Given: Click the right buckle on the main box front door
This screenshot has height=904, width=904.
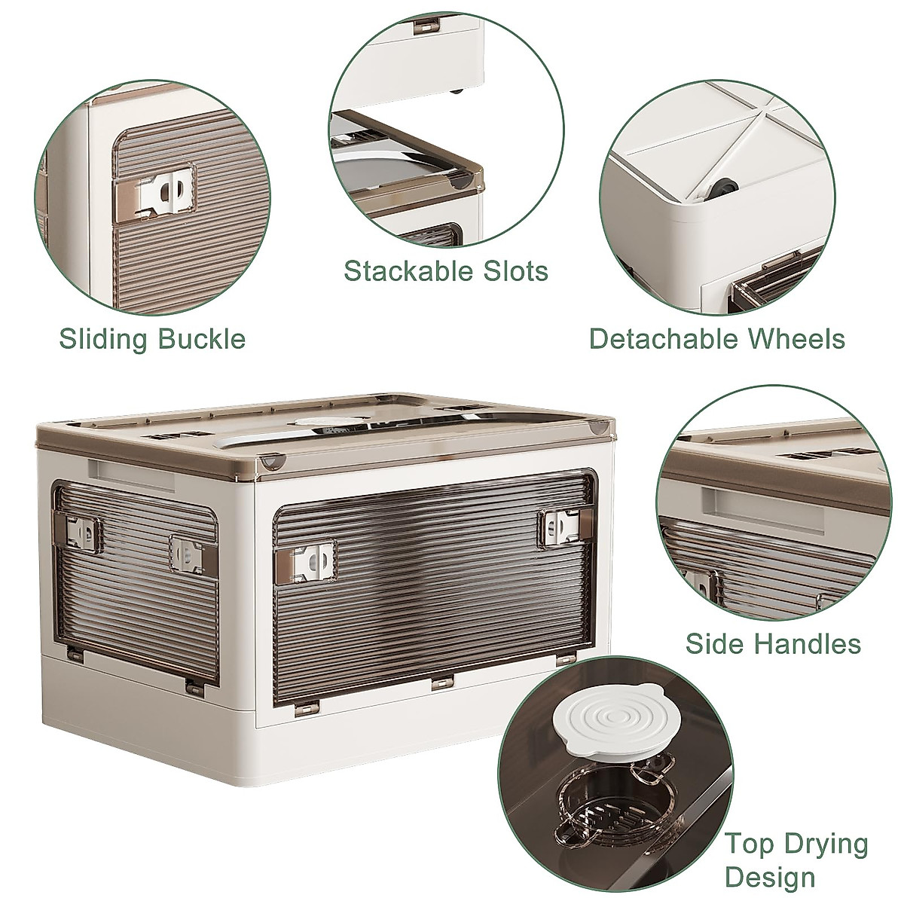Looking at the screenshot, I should [x=557, y=526].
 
